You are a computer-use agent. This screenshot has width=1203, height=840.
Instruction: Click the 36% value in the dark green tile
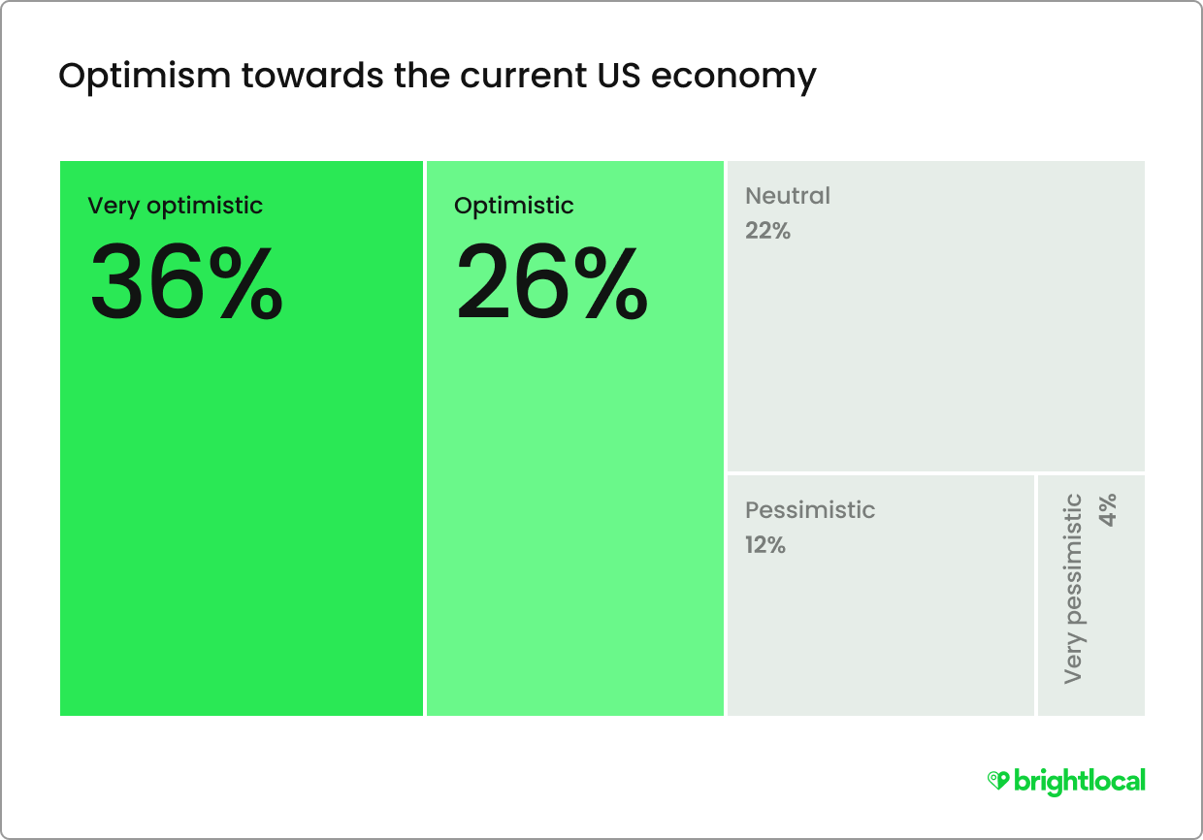186,282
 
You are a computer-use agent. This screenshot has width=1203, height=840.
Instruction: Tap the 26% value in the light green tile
551,282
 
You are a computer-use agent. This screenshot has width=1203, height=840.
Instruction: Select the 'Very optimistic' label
176,206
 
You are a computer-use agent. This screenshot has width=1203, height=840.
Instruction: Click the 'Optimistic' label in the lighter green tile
514,206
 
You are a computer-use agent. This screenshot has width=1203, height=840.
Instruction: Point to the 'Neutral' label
788,196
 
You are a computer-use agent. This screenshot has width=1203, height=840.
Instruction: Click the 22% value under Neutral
767,231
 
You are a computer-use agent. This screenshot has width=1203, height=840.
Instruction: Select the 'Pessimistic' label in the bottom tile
810,510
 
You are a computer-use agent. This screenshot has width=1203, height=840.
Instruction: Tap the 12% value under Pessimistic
765,545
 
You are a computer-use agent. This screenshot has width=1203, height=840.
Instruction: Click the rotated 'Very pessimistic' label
1073,588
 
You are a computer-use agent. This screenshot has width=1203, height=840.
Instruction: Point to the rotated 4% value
1108,510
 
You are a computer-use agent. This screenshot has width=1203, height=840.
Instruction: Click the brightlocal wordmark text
1079,781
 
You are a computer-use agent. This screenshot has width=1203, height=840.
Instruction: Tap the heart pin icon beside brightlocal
998,781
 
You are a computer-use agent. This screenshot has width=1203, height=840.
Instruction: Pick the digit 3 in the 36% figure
121,282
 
